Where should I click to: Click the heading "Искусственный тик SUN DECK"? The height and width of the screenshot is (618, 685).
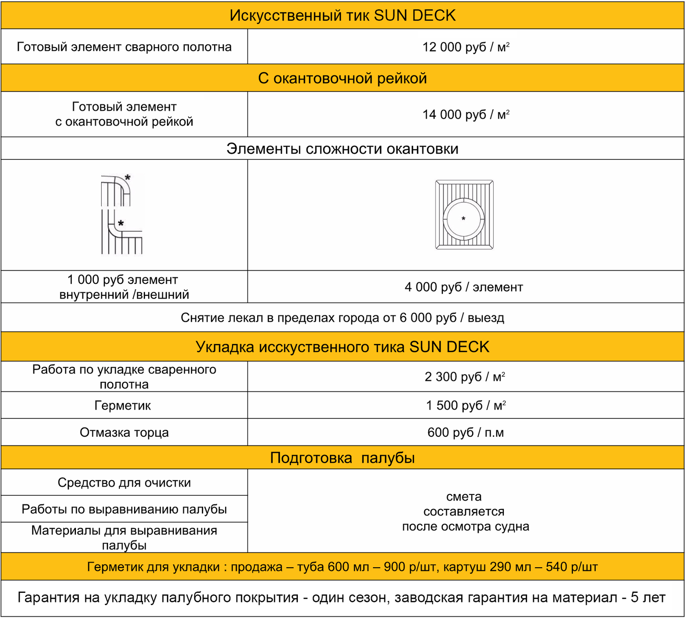(x=342, y=16)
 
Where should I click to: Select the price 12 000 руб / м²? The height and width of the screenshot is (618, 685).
(x=465, y=47)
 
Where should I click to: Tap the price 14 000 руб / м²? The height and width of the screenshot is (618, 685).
(x=465, y=114)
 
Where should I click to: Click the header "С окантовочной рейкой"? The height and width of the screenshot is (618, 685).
(x=342, y=78)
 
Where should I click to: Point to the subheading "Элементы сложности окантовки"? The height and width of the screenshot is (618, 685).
(x=342, y=149)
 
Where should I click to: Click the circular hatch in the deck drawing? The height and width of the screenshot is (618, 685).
(x=464, y=219)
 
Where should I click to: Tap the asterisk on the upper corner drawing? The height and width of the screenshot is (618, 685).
(x=128, y=178)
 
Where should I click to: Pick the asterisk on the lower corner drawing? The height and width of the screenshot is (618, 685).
(x=121, y=223)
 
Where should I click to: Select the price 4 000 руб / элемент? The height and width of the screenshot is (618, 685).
(x=464, y=287)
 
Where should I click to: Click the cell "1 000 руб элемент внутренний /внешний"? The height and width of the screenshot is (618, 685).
(x=124, y=287)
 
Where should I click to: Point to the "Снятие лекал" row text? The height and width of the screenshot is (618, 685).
(x=342, y=318)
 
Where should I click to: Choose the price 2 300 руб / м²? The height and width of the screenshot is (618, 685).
(x=464, y=377)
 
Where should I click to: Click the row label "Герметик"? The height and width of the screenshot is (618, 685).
(x=123, y=406)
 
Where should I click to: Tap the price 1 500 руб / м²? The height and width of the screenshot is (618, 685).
(x=465, y=406)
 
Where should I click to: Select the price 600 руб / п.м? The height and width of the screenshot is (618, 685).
(x=465, y=433)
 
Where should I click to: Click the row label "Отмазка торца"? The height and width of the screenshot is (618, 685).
(x=124, y=433)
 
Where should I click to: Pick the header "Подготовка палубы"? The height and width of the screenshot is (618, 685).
(x=342, y=458)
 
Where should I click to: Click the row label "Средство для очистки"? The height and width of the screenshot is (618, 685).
(x=124, y=482)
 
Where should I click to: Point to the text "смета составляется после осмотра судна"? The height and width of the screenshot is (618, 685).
(x=465, y=511)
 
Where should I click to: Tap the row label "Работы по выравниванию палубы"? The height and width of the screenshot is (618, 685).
(x=124, y=509)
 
